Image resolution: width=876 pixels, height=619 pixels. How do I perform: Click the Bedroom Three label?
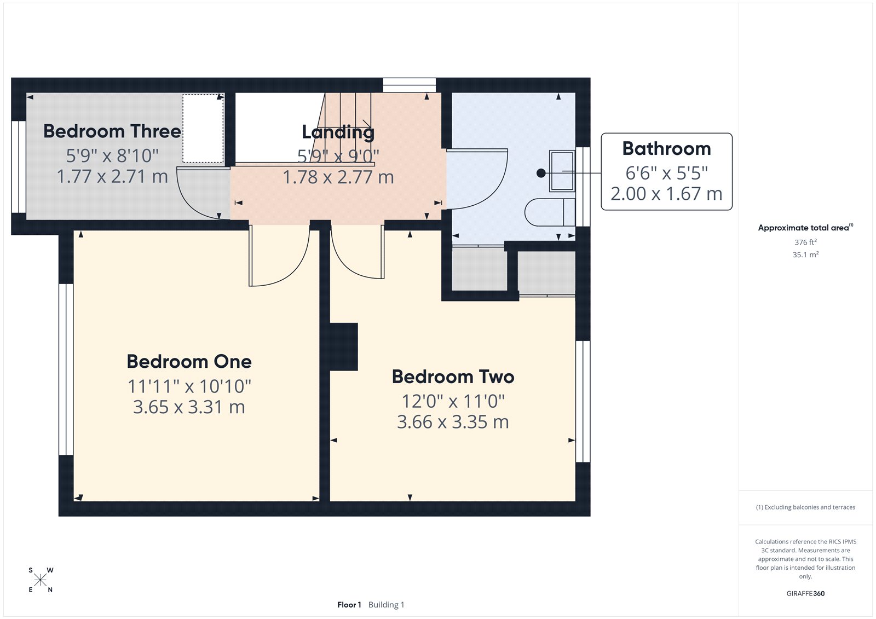click(112, 131)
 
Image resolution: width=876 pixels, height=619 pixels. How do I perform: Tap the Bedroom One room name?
click(189, 362)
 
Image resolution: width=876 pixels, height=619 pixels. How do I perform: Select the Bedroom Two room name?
click(453, 377)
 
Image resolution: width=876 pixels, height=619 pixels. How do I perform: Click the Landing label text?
click(338, 132)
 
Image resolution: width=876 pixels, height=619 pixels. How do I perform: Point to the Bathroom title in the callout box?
click(666, 149)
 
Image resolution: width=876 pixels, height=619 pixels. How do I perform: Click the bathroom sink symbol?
click(562, 171)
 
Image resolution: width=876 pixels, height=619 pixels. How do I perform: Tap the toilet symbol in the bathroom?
click(549, 212)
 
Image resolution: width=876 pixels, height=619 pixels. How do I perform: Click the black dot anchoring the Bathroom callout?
click(541, 173)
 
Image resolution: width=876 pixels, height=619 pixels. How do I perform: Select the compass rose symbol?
click(41, 580)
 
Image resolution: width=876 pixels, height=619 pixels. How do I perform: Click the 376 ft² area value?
click(805, 242)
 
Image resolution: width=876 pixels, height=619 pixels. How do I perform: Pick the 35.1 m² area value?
click(805, 254)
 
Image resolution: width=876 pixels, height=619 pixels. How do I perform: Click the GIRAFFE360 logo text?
click(805, 593)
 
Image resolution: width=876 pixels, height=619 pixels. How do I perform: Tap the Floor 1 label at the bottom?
click(349, 605)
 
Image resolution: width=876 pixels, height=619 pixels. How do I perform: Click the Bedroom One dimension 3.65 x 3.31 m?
click(189, 407)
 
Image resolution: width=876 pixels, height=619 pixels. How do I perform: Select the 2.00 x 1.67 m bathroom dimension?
click(666, 194)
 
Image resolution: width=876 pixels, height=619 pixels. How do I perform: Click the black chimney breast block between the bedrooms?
click(343, 346)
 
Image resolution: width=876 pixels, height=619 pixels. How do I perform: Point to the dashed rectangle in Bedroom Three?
click(203, 129)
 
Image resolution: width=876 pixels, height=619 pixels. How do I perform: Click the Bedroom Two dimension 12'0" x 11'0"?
click(453, 401)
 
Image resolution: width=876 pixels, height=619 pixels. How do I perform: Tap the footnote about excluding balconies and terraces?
click(805, 507)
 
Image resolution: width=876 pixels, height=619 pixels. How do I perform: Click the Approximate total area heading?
click(803, 228)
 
